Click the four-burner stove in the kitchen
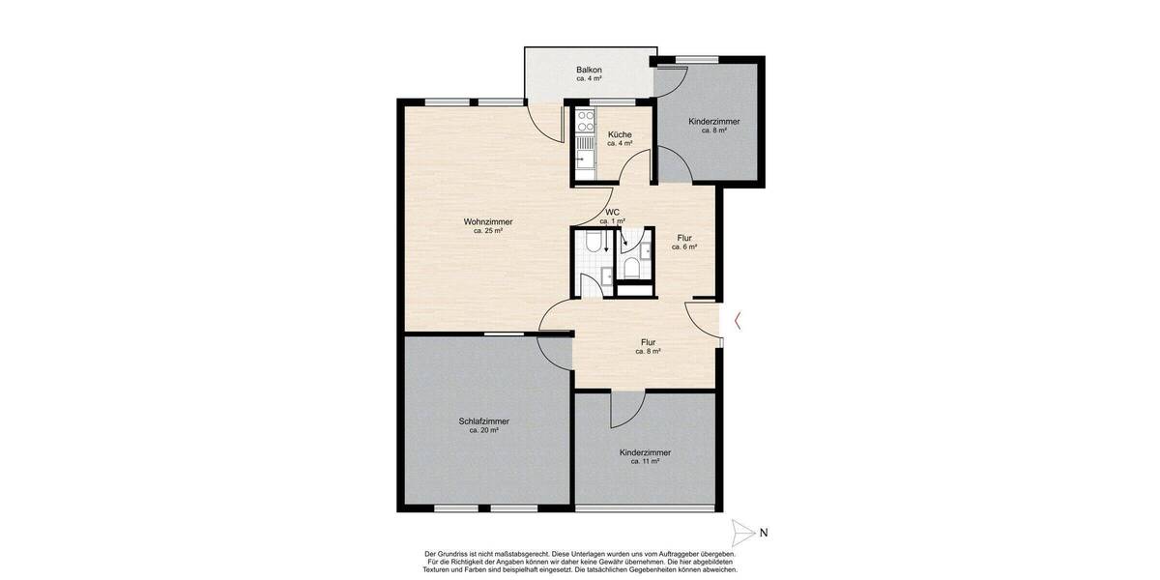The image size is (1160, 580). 586,121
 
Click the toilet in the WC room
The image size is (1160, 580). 630,268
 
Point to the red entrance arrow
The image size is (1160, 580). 738,321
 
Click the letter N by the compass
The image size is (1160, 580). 764,533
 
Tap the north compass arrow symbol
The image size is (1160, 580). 743,533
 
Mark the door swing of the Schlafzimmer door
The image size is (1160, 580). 555,353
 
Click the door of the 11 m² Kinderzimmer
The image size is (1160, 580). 628,410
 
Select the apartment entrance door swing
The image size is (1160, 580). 702,320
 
